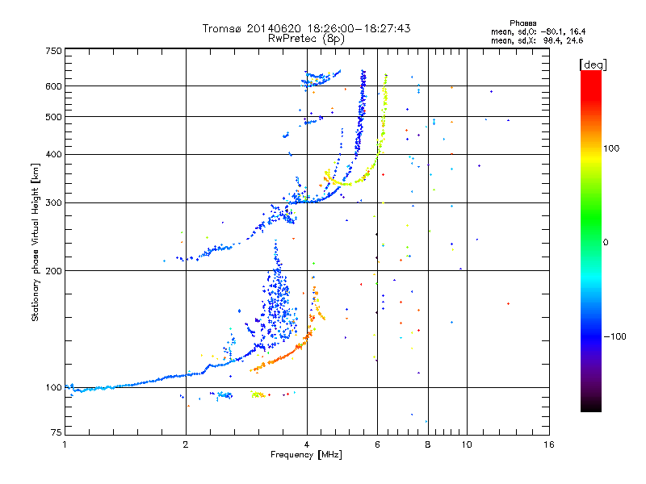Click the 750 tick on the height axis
click(x=53, y=50)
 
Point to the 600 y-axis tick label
click(x=53, y=86)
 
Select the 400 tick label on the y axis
click(x=53, y=154)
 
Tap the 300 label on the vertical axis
click(x=53, y=202)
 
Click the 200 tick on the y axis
click(x=53, y=270)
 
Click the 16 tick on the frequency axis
click(x=549, y=444)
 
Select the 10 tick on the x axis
click(x=466, y=444)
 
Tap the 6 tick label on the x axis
click(x=377, y=444)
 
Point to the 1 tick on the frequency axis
click(x=65, y=444)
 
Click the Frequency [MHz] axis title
click(x=307, y=456)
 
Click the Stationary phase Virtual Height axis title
click(x=36, y=242)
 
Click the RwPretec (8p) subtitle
click(x=307, y=38)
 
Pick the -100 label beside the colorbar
click(x=618, y=336)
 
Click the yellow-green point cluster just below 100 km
click(x=258, y=394)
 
